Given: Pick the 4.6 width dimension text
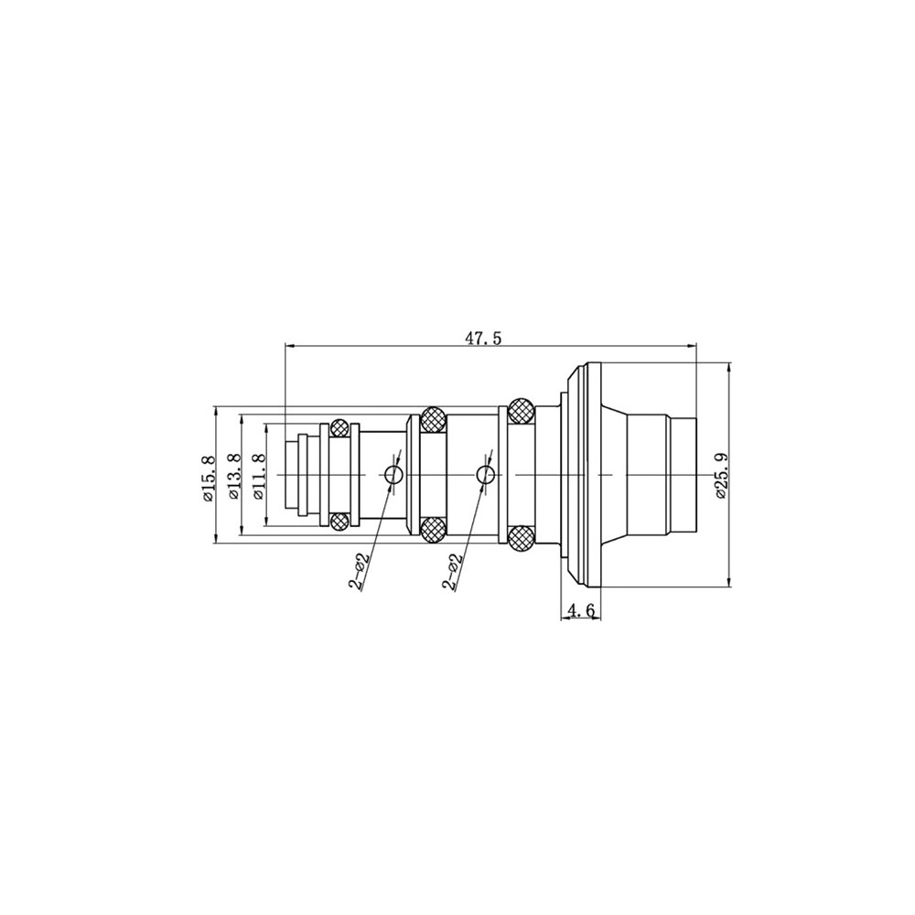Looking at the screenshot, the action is (580, 610).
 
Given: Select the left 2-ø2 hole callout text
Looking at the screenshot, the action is (360, 573).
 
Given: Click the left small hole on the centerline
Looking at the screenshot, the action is (393, 475).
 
